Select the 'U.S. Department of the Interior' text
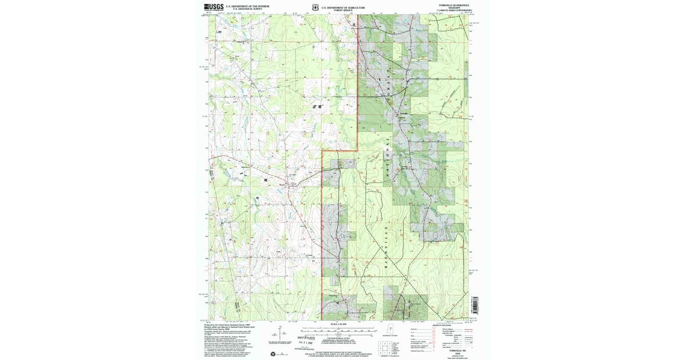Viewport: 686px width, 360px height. (x=247, y=6)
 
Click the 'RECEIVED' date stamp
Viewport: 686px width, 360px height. (x=306, y=339)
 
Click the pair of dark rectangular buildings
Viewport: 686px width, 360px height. (x=316, y=106)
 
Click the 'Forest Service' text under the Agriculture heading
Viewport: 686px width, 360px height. (x=343, y=10)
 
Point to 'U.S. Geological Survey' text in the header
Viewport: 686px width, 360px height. (x=247, y=9)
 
